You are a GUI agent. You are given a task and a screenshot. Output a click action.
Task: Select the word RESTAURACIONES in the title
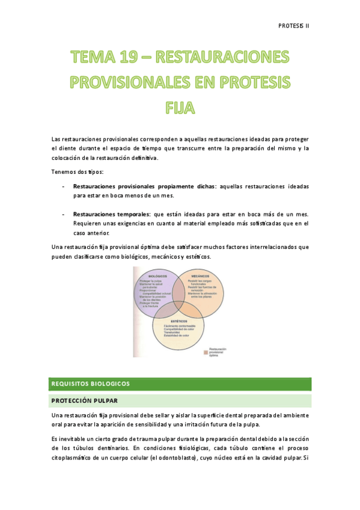(222, 58)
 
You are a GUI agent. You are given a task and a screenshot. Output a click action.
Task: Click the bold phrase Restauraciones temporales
(111, 214)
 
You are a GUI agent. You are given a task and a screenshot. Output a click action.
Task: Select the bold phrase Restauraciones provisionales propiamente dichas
(144, 187)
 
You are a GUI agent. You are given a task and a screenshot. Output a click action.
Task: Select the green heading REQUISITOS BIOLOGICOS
(91, 383)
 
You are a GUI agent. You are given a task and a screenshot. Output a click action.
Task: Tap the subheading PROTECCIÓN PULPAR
(84, 401)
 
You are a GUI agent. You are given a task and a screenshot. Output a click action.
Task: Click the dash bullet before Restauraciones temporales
(64, 214)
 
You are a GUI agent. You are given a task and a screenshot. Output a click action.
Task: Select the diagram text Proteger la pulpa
(149, 281)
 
